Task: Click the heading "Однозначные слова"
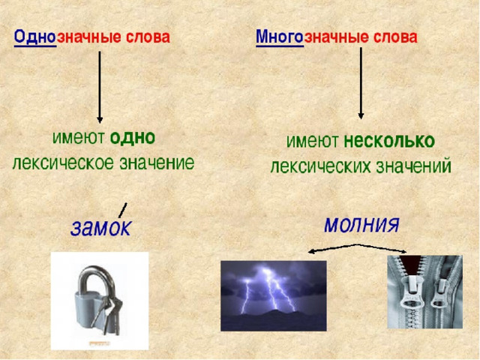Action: coord(91,37)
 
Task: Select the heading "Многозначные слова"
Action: coord(337,37)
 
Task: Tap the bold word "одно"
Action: coord(132,138)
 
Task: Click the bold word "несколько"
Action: coord(389,141)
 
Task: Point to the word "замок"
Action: coord(100,227)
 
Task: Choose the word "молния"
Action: coord(361,225)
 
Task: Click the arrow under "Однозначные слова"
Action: coord(100,87)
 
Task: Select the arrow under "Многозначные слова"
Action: coord(361,83)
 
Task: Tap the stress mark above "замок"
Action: coord(122,210)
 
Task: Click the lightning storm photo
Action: coord(273,295)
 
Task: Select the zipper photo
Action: coord(425,292)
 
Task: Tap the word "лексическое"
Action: coord(63,163)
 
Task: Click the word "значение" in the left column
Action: coord(157,163)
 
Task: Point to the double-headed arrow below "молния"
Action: coord(357,247)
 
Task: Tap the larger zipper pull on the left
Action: coord(412,294)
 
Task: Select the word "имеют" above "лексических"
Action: coord(312,142)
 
